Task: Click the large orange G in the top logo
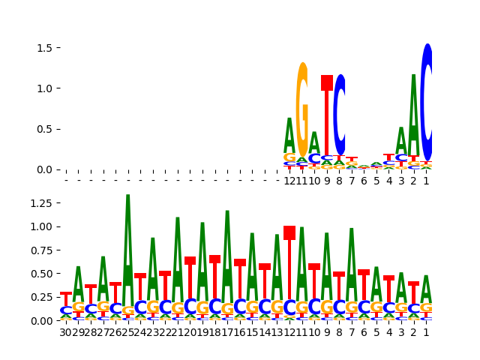302,109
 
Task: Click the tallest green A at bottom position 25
128,240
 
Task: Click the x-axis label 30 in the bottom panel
66,332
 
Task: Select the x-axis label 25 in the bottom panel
128,332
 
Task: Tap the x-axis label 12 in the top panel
289,181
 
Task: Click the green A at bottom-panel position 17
227,247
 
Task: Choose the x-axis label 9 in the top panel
327,181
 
